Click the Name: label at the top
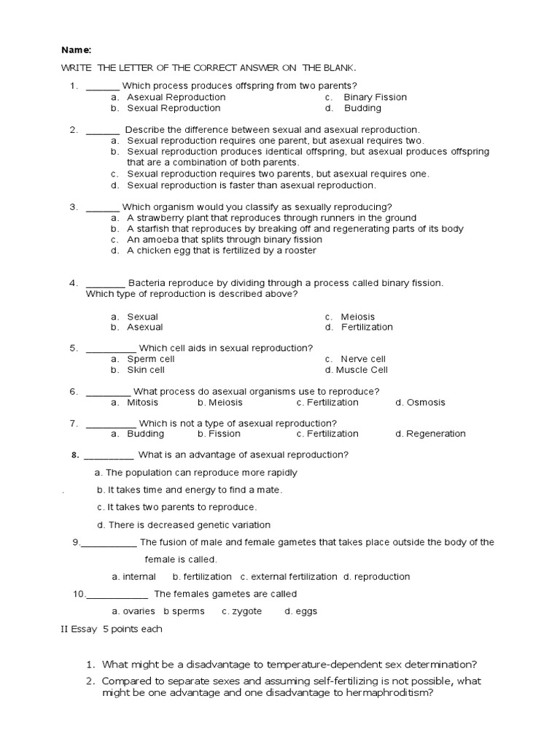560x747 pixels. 76,50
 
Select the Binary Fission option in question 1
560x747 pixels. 375,97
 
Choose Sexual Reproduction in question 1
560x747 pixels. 173,108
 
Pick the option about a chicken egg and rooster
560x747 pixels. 221,250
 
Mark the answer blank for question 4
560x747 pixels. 106,283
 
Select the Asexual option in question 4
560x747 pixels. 144,328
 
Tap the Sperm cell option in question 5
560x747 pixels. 150,359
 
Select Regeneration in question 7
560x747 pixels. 435,433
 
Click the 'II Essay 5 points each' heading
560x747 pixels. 112,628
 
